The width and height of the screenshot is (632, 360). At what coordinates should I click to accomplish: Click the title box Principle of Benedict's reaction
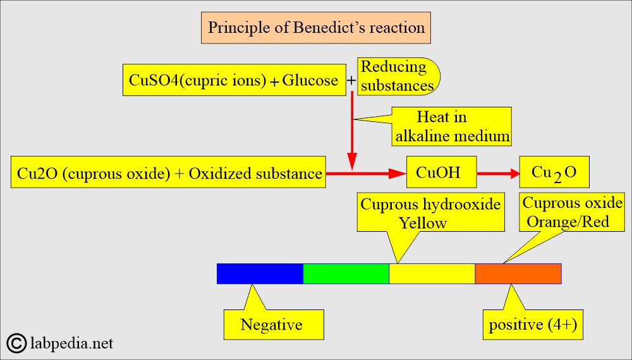[x=316, y=27]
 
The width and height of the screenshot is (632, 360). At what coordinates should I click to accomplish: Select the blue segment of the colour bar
[x=260, y=274]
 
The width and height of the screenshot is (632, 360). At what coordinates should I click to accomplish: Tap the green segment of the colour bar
[x=346, y=274]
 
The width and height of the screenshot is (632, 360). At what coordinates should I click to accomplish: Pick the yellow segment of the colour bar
[x=432, y=274]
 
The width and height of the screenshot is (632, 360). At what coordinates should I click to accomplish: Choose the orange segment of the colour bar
[x=518, y=274]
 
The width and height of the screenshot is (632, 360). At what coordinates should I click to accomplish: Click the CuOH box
[x=441, y=172]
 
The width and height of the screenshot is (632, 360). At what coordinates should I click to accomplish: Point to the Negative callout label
[x=274, y=325]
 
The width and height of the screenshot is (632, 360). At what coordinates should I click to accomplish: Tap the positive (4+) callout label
[x=533, y=325]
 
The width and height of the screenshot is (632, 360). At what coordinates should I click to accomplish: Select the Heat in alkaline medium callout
[x=451, y=126]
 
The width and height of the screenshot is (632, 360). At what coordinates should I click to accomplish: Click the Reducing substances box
[x=398, y=76]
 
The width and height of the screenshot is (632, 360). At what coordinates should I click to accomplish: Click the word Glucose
[x=310, y=80]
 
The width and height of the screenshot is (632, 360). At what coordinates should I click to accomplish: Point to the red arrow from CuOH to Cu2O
[x=498, y=174]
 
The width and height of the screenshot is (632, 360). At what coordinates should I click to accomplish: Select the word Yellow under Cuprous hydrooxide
[x=423, y=223]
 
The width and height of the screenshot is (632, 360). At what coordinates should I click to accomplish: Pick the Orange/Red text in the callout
[x=568, y=222]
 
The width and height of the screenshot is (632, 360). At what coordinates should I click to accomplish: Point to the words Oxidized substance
[x=255, y=174]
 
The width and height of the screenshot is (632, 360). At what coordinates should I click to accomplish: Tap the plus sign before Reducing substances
[x=351, y=81]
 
